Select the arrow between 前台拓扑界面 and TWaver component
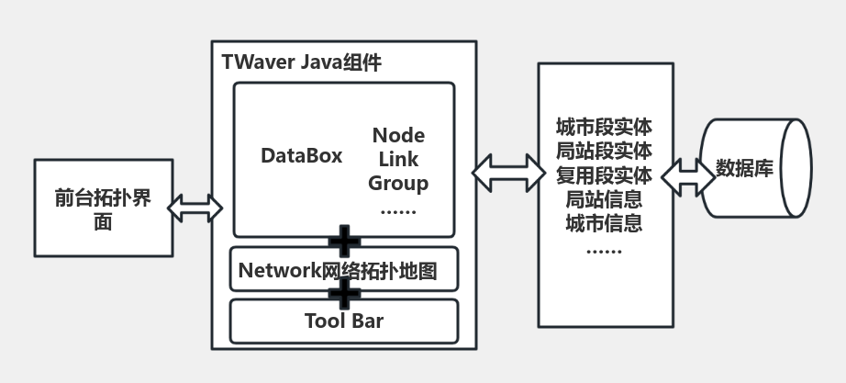[x=195, y=208]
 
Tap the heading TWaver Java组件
[x=301, y=62]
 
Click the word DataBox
[x=301, y=156]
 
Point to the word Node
[x=398, y=136]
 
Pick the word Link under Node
[x=398, y=160]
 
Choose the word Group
[x=398, y=183]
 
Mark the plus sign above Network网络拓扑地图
[x=344, y=242]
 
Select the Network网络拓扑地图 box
[x=343, y=270]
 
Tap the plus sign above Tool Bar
[x=344, y=294]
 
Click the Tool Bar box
[x=343, y=321]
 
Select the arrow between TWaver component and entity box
[x=506, y=171]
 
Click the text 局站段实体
[x=604, y=151]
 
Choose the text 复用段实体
[x=604, y=175]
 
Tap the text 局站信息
[x=604, y=198]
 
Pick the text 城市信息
[x=604, y=222]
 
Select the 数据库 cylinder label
[x=744, y=170]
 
